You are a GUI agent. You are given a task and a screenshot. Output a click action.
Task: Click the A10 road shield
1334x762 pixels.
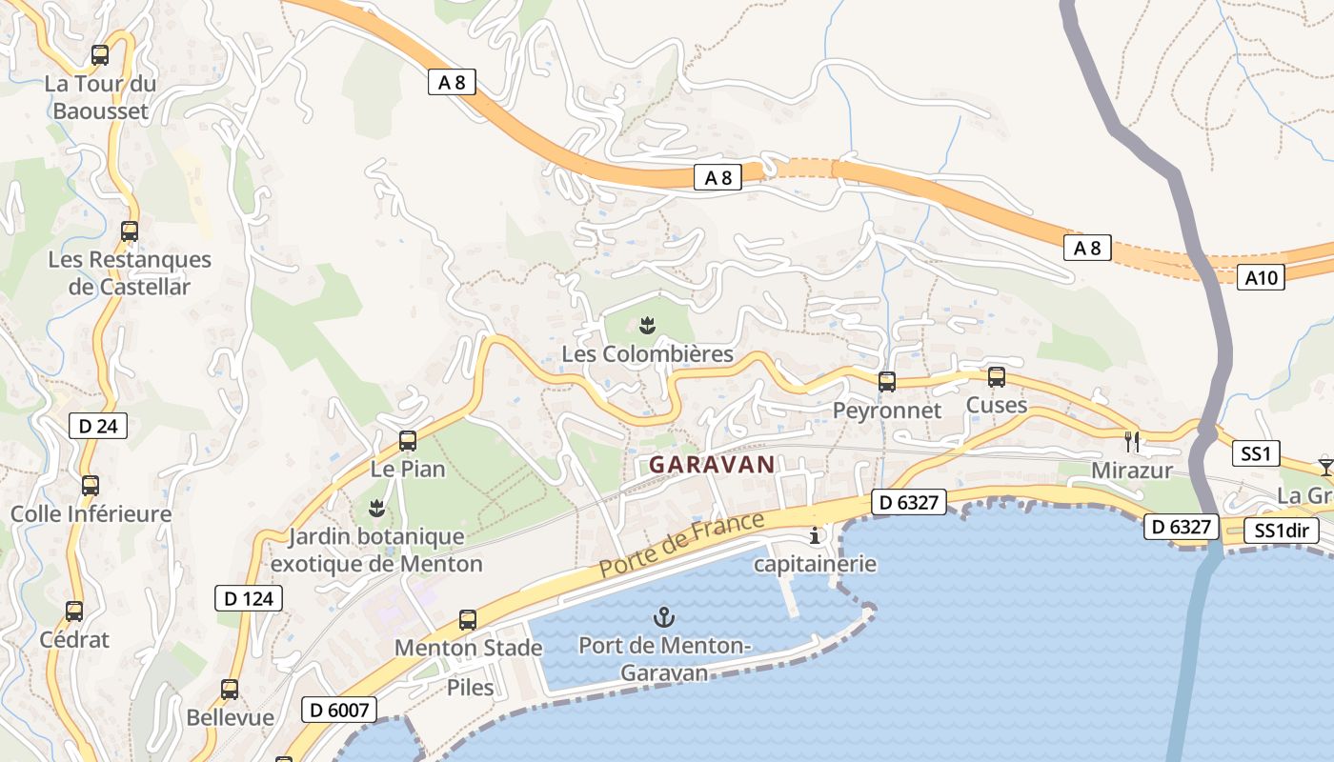[1261, 278]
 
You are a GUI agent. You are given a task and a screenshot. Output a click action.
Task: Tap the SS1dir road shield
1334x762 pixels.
[1282, 531]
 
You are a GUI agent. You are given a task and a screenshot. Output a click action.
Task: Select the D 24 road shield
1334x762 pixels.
[98, 426]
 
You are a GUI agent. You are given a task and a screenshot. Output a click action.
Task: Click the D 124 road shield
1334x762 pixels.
[249, 598]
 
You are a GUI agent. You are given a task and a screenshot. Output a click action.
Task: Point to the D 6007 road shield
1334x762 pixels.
[339, 710]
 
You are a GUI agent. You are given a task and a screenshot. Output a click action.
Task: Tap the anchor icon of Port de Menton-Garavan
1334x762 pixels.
[665, 617]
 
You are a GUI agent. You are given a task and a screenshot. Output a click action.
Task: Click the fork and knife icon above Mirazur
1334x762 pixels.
[1132, 441]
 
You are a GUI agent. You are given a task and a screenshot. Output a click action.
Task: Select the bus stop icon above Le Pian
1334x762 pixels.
[408, 440]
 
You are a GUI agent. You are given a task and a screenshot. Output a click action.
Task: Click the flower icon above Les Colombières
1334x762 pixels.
[648, 325]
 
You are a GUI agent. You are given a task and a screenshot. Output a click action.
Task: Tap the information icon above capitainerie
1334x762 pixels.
[815, 535]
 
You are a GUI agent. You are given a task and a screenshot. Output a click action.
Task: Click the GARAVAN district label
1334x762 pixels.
[712, 465]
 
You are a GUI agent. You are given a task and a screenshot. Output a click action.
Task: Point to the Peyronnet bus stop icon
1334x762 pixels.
[887, 382]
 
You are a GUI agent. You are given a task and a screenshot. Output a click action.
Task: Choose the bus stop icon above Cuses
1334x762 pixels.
[997, 376]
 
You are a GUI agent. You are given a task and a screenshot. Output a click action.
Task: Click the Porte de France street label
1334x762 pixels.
[682, 546]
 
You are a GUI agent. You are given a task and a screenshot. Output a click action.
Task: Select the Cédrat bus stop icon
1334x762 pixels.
[74, 612]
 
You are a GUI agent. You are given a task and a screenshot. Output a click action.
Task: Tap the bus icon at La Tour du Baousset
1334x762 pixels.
[100, 55]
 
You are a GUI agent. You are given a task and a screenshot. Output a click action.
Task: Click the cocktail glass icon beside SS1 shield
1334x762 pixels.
[1325, 466]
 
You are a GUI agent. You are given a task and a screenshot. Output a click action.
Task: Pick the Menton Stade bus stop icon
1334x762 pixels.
[468, 620]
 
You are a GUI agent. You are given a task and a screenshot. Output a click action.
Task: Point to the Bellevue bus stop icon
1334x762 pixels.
[230, 690]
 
